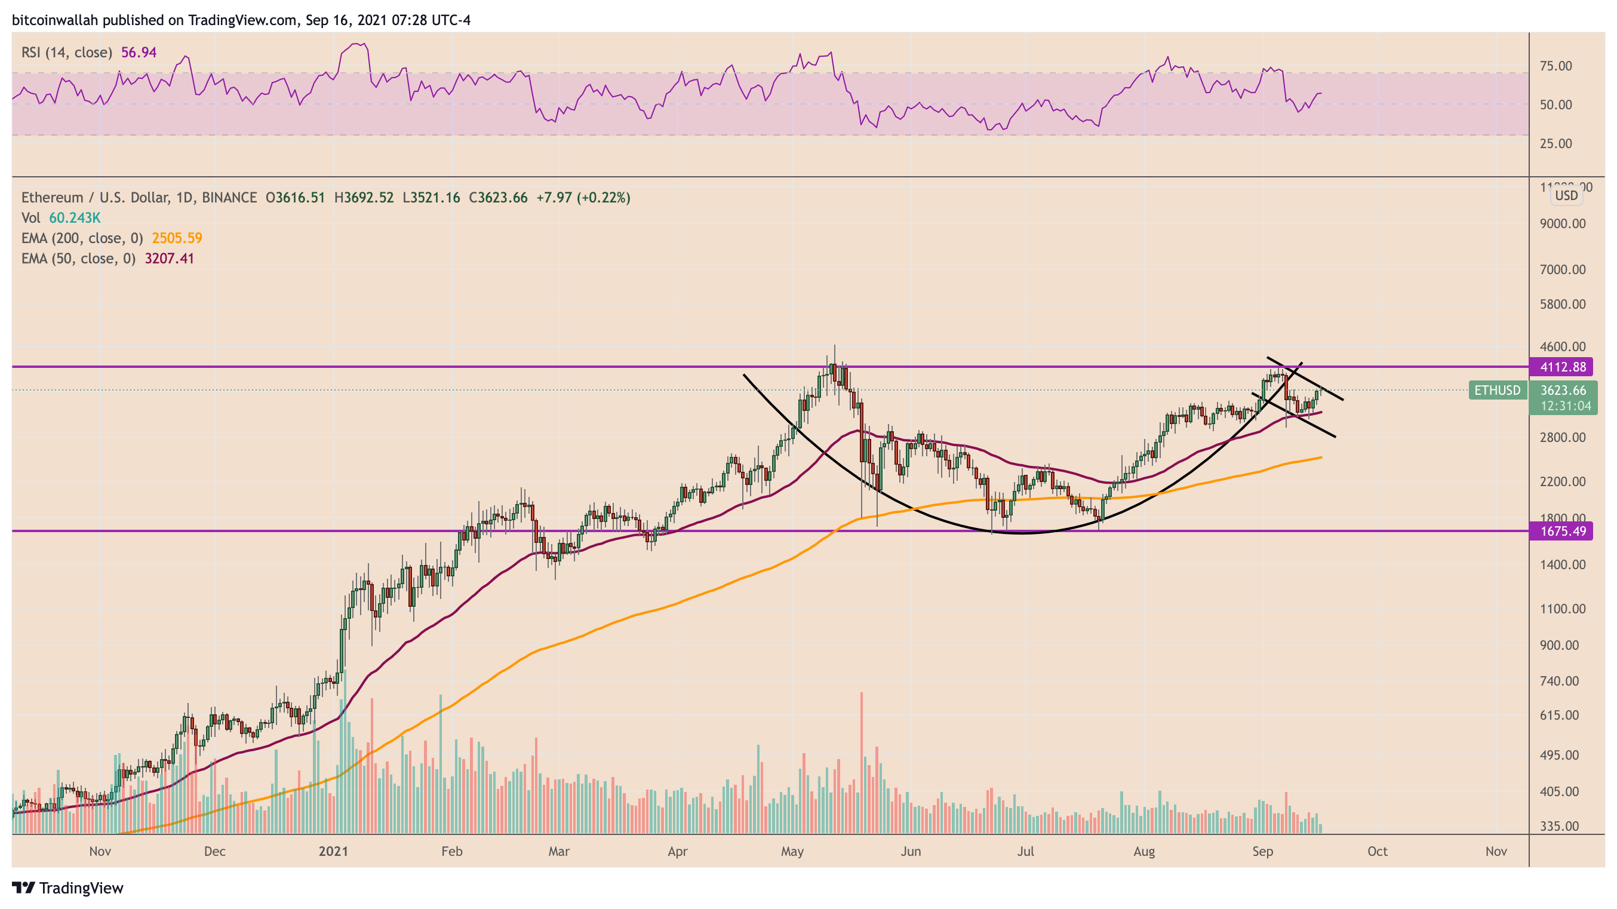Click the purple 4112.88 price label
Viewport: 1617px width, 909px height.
(1563, 367)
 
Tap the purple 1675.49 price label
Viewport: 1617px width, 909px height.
(1563, 531)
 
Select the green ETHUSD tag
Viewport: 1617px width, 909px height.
(1497, 391)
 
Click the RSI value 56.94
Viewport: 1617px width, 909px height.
(139, 52)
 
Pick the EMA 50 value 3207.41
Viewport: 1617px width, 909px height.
(170, 258)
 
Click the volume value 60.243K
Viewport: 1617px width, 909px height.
(75, 218)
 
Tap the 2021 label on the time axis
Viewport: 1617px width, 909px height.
(333, 851)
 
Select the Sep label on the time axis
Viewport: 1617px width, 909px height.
(1262, 851)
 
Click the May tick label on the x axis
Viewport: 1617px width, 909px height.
(792, 851)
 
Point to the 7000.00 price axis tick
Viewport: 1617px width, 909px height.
(1563, 269)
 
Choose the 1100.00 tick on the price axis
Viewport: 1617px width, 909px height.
(1563, 609)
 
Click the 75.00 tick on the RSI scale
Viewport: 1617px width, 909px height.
(1555, 66)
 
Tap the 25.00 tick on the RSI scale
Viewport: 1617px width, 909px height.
(1555, 143)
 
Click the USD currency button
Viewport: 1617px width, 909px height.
(1566, 195)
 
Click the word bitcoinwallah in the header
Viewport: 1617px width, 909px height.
(56, 20)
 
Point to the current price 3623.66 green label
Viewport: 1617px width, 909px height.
(1563, 391)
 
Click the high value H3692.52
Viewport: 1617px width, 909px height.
(364, 198)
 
